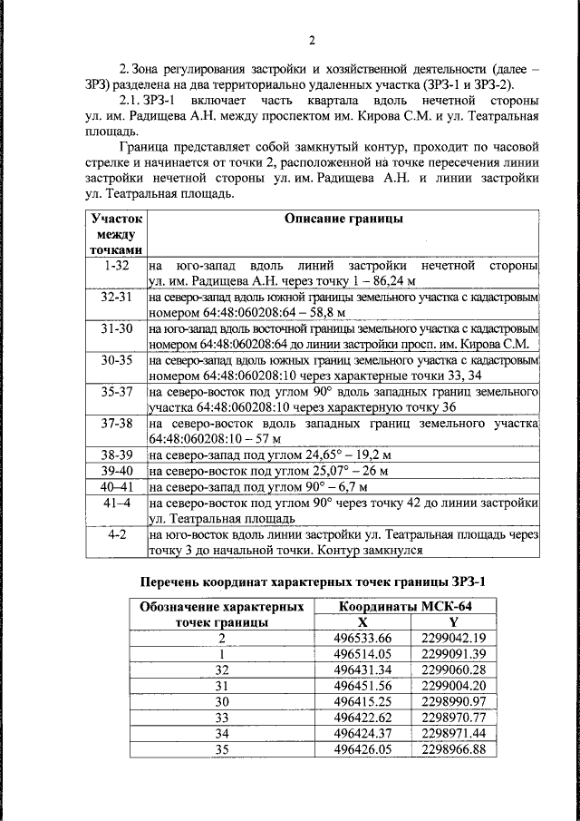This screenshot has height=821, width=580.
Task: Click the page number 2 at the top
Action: coord(310,41)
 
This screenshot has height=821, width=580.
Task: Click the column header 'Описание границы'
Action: coord(343,219)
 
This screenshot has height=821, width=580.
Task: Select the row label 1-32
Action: coord(117,266)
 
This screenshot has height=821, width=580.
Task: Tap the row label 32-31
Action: coord(117,298)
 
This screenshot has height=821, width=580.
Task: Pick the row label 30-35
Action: coord(117,361)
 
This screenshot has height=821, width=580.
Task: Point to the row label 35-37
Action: coord(117,393)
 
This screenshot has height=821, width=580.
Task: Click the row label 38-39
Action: coord(117,454)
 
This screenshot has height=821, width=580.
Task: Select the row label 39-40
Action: coord(117,471)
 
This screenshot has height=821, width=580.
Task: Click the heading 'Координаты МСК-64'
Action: coord(404,606)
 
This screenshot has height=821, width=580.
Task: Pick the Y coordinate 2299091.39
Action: coord(454,653)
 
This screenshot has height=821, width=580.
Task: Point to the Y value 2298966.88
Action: coord(454,749)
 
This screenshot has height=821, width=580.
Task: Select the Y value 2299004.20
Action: coord(454,685)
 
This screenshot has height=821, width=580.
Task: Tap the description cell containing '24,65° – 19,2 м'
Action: coord(276,454)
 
